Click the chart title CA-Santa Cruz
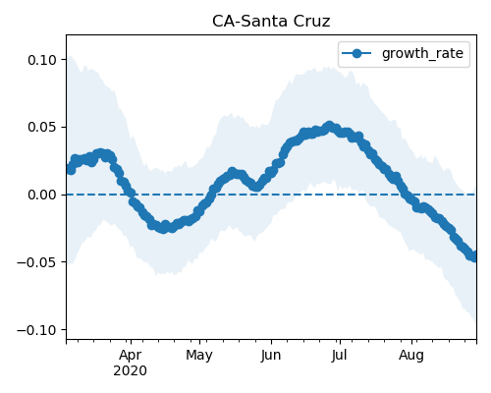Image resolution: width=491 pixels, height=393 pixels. (x=271, y=22)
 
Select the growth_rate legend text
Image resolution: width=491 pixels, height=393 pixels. (x=422, y=54)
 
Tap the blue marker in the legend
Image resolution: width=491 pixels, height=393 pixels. (x=356, y=53)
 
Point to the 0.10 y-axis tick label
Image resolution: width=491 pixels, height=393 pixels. (x=42, y=60)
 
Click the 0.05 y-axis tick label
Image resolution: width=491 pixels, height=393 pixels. (x=42, y=127)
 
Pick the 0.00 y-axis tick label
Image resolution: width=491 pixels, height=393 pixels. (x=42, y=195)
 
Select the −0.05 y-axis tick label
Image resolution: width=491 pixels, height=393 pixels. (x=36, y=262)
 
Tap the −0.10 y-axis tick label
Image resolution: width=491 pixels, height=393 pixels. (x=36, y=329)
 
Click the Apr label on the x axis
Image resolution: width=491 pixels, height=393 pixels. (x=131, y=356)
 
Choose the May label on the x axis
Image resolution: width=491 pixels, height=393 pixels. (x=199, y=356)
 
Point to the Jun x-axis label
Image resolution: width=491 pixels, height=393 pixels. (x=271, y=356)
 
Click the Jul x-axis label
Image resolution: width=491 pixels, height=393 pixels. (x=340, y=356)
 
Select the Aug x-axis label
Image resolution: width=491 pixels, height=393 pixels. (x=411, y=356)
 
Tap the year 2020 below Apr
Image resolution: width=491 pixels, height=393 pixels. (x=130, y=371)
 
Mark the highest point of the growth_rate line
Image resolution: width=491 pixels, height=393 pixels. (x=329, y=126)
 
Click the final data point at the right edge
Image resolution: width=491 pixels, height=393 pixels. (x=474, y=255)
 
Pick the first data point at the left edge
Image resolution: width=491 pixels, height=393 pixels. (x=70, y=169)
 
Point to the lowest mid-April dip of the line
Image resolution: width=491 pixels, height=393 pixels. (x=163, y=228)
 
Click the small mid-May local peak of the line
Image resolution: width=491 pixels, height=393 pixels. (x=233, y=172)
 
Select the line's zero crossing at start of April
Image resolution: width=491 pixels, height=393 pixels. (x=131, y=195)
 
